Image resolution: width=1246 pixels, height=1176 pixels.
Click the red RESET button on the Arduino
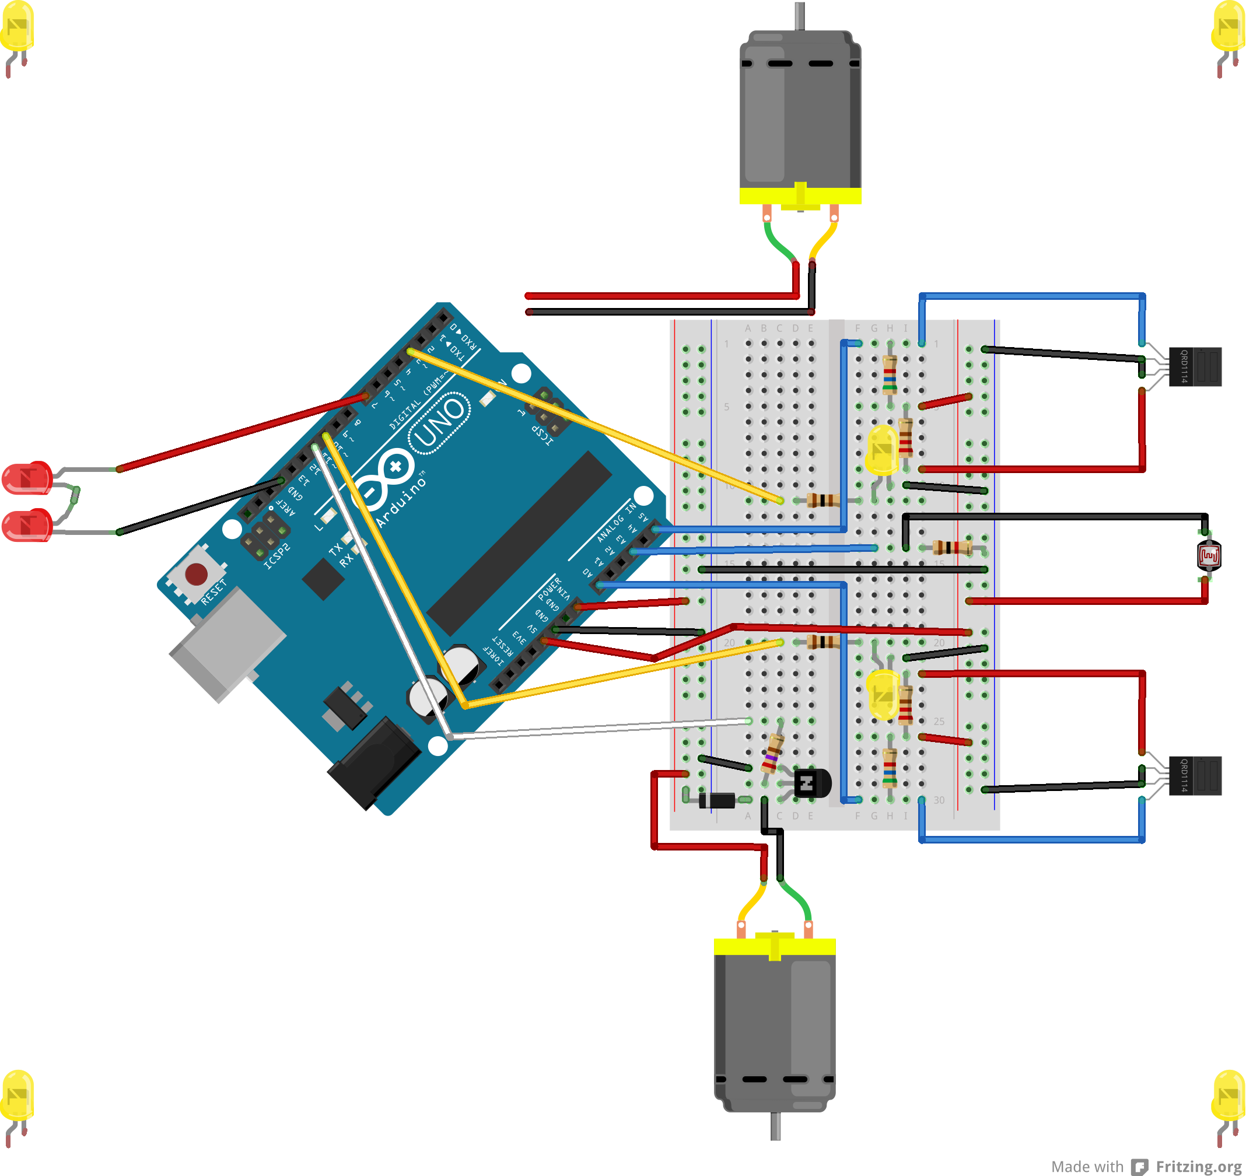(x=196, y=573)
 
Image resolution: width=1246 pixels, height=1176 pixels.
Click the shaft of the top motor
(x=800, y=16)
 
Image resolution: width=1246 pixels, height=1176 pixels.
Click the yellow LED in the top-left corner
(x=17, y=27)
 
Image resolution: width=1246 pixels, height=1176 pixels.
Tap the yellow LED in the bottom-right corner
(x=1228, y=1095)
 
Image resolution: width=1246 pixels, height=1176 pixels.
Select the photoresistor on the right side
(x=1209, y=555)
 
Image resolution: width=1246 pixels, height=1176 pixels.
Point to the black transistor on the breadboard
(x=810, y=783)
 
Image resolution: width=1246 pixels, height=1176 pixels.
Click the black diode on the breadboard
(x=717, y=800)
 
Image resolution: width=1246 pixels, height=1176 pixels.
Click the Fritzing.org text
(x=1198, y=1167)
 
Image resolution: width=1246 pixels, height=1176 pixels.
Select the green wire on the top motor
(x=779, y=242)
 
